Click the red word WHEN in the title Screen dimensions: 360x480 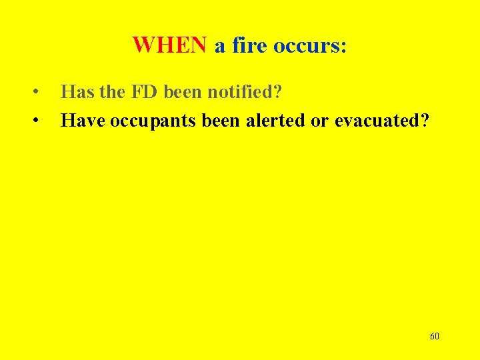[169, 45]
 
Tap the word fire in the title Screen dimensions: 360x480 [247, 45]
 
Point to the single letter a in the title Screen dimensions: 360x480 [219, 46]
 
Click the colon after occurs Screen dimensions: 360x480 [343, 47]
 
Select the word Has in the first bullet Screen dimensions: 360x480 [75, 91]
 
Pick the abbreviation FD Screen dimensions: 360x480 [144, 91]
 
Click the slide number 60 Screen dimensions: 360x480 [435, 336]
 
